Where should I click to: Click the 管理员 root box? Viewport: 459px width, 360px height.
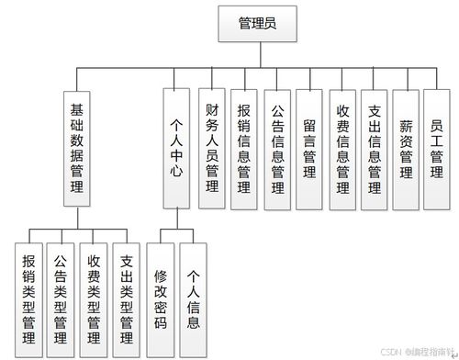pyautogui.click(x=256, y=24)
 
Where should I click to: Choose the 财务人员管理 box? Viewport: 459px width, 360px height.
pyautogui.click(x=212, y=143)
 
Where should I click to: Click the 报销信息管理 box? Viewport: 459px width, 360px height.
pyautogui.click(x=244, y=143)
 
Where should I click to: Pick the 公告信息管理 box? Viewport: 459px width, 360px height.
pyautogui.click(x=277, y=143)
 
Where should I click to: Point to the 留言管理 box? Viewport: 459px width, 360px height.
pyautogui.click(x=310, y=143)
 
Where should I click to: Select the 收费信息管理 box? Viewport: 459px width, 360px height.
pyautogui.click(x=342, y=143)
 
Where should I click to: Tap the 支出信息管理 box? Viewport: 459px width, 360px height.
pyautogui.click(x=375, y=143)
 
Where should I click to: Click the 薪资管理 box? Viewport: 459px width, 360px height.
pyautogui.click(x=406, y=143)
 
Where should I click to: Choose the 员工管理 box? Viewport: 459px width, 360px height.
pyautogui.click(x=437, y=143)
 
